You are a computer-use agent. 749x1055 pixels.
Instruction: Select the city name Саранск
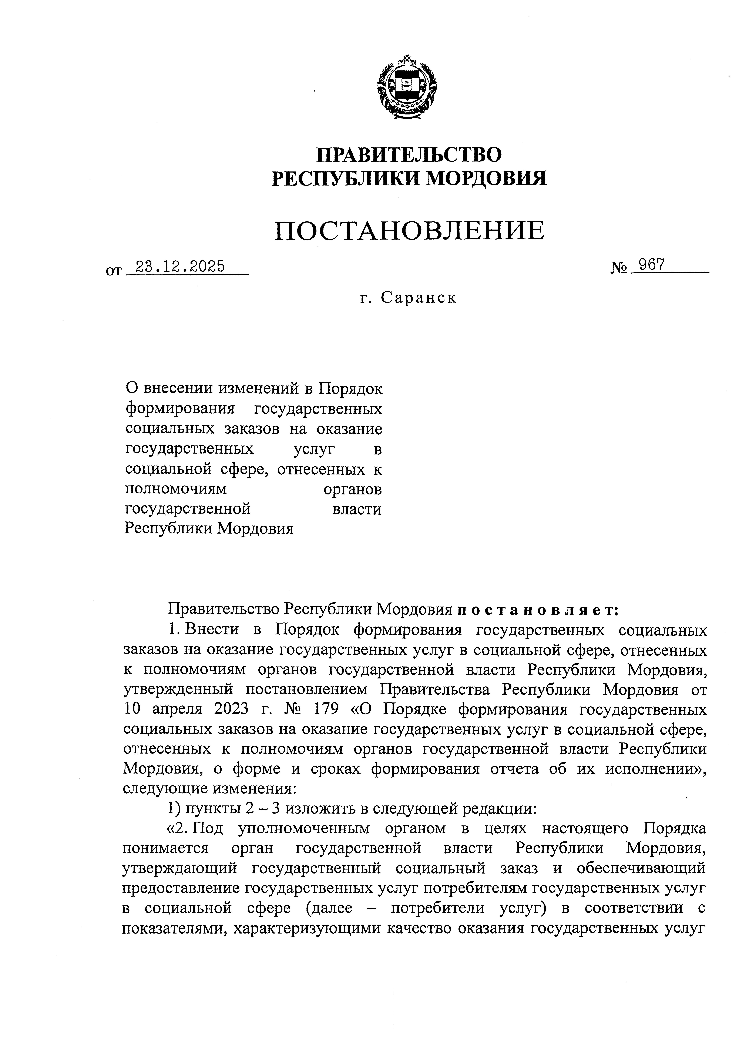419,298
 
